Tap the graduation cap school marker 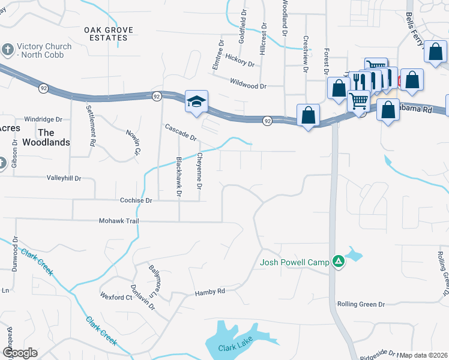click(196, 102)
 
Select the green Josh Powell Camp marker click(339, 262)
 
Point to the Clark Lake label click(235, 347)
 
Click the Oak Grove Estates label click(106, 33)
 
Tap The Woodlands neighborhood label click(55, 137)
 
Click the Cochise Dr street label click(136, 201)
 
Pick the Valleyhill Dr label click(64, 178)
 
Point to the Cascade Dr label click(181, 132)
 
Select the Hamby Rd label click(209, 292)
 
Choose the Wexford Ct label click(116, 297)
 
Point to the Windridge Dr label click(43, 119)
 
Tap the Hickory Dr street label click(237, 61)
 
